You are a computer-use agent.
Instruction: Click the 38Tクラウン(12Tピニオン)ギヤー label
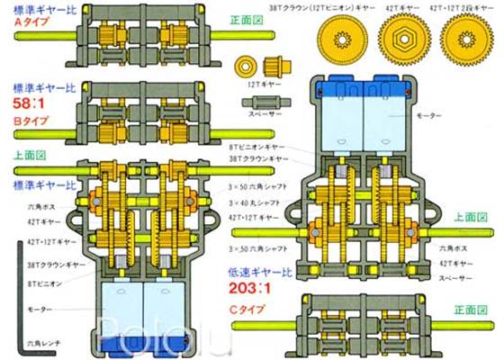coord(320,6)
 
